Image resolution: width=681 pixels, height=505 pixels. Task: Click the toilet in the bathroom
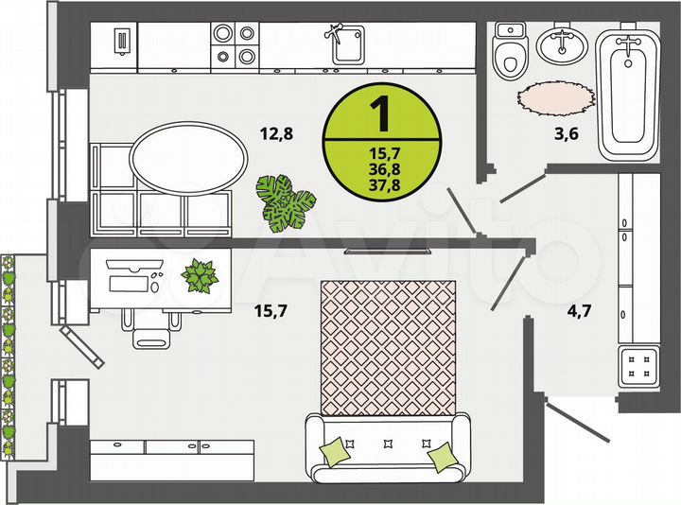coord(512,53)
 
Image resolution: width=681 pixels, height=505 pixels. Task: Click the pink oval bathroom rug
coord(555,96)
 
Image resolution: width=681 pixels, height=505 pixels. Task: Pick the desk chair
coord(150,331)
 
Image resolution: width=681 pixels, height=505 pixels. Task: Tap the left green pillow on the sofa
coord(334,450)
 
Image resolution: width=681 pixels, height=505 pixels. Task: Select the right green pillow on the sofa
coord(441,458)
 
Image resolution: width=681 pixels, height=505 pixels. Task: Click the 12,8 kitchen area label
coord(275,133)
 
